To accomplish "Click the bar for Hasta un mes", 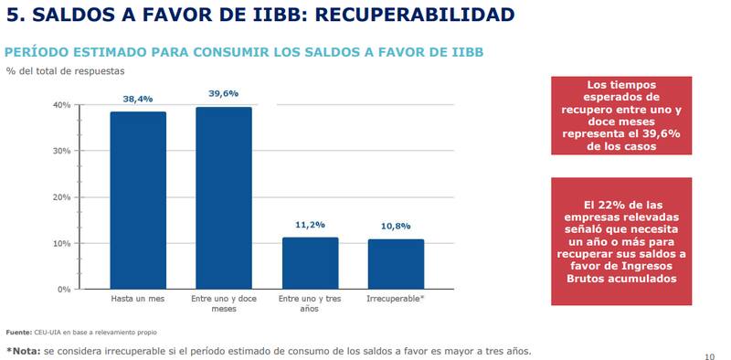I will (x=138, y=200).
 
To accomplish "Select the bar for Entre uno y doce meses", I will (x=224, y=198).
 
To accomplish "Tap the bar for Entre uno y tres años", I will (x=310, y=263).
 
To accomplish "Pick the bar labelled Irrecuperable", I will (x=395, y=264).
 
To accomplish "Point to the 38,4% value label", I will (x=138, y=99).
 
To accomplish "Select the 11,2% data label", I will (x=310, y=225).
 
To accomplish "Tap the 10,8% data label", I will (x=395, y=226).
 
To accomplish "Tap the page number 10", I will (x=710, y=355).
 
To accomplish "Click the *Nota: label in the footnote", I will (x=24, y=350).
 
